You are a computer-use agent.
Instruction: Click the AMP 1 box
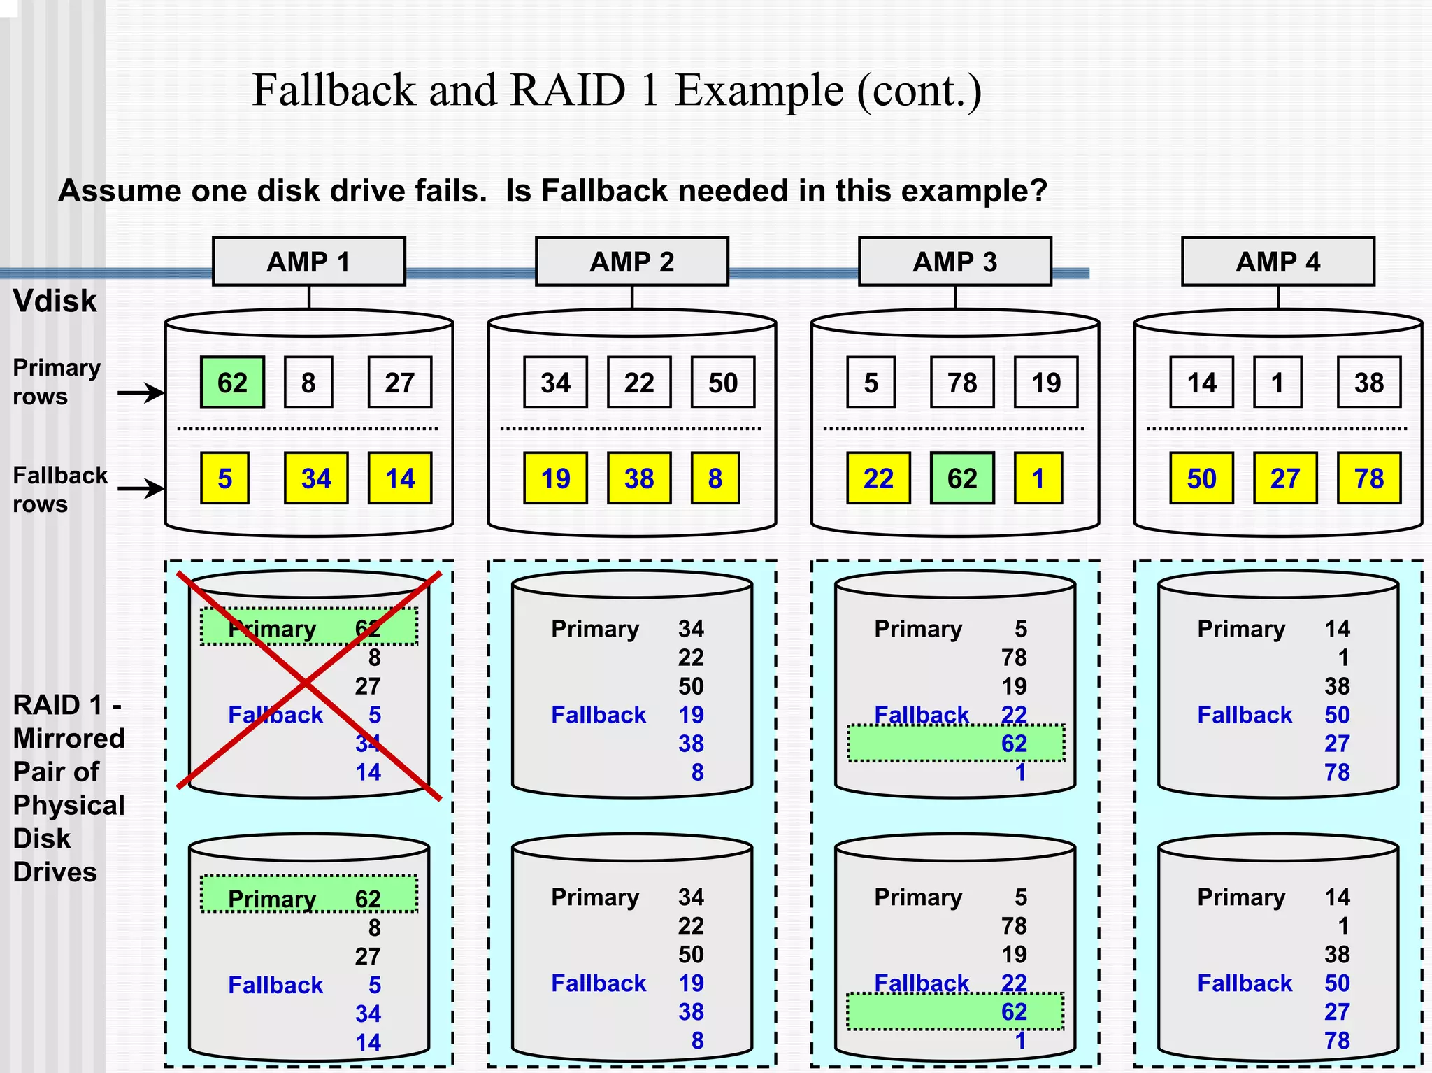coord(308,262)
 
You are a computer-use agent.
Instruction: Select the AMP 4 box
coord(1277,262)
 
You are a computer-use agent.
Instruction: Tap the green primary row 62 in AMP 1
coord(232,383)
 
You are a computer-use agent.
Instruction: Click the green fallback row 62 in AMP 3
coord(961,478)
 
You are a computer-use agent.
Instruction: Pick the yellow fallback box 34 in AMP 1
coord(315,478)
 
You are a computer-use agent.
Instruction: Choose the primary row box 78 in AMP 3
coord(961,383)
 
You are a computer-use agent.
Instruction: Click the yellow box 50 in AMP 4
coord(1201,478)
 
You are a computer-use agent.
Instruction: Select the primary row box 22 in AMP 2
coord(638,383)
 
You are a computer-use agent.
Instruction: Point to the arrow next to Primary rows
coord(141,393)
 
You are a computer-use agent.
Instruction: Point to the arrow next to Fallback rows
coord(141,488)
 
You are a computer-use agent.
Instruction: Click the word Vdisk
coord(55,301)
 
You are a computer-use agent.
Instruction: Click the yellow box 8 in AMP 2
coord(715,478)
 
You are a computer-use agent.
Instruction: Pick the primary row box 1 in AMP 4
coord(1277,383)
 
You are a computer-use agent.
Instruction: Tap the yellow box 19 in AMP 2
coord(555,478)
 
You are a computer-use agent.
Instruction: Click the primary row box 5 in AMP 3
coord(871,383)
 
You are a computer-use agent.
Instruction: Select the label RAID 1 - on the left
coord(67,705)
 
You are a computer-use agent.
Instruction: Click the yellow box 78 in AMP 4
coord(1368,478)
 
